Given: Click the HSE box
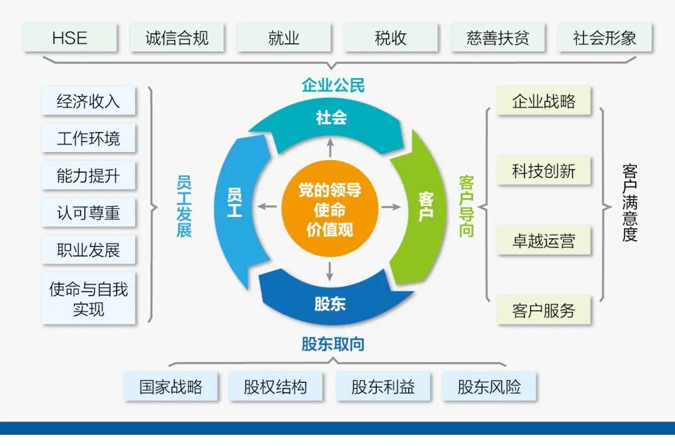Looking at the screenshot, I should click(x=70, y=38).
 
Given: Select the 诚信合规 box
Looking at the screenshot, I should click(x=177, y=38).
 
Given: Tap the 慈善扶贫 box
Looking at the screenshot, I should click(x=497, y=38).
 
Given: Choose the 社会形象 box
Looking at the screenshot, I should click(x=604, y=38).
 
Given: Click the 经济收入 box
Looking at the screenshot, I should click(x=88, y=101).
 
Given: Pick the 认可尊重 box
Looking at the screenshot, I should click(x=88, y=213).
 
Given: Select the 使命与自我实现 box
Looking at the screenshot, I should click(x=88, y=298).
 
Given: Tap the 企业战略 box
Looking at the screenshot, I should click(x=544, y=101).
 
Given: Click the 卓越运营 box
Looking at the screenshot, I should click(x=544, y=241).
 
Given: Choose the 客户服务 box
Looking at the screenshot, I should click(x=544, y=310).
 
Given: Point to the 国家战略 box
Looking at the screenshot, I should click(x=171, y=387).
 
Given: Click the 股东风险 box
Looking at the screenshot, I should click(x=489, y=387).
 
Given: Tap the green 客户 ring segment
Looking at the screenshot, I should click(x=422, y=206).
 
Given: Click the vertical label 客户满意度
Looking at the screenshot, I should click(x=629, y=203).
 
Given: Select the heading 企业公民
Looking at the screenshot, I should click(x=332, y=85).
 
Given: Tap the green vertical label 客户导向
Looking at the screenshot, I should click(x=466, y=206).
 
